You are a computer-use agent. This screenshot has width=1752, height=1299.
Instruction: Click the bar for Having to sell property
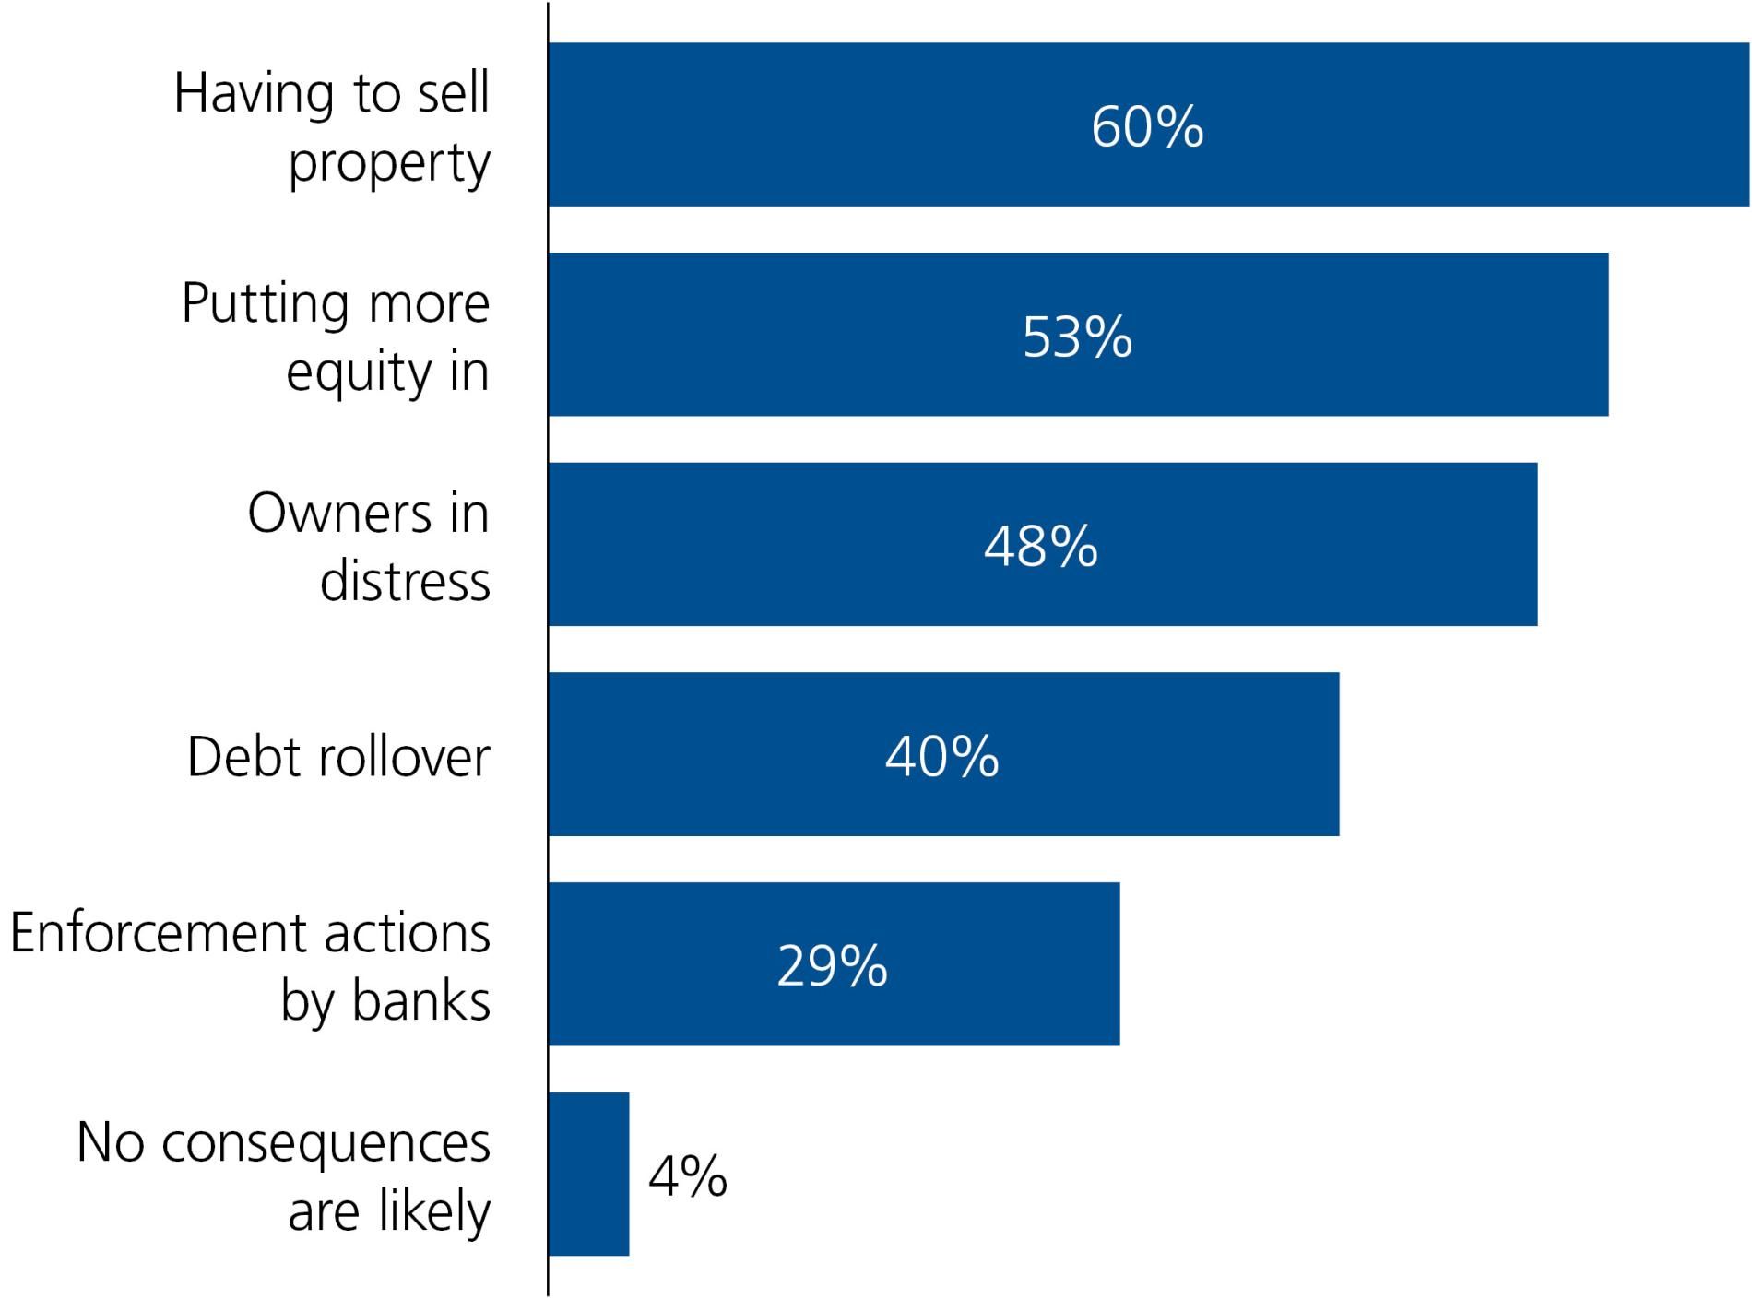[1149, 124]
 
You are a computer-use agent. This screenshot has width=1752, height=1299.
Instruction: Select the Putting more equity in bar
[1079, 335]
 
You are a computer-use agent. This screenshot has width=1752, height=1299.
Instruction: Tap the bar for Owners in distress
[1043, 544]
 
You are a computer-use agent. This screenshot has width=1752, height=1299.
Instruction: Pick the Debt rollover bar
[944, 754]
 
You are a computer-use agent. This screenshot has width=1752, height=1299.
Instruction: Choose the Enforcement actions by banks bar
[835, 964]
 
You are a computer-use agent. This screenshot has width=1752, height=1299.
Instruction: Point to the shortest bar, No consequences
[589, 1174]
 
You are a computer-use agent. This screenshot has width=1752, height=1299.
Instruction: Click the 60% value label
[1148, 126]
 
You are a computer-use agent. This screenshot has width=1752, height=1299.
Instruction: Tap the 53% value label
[1078, 337]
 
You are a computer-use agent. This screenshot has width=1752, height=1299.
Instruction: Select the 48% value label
[1041, 546]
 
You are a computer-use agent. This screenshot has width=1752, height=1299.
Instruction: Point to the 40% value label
[942, 756]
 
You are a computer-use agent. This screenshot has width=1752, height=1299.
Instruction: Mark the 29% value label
[833, 966]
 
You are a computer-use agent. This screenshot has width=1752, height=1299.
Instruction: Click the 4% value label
[688, 1176]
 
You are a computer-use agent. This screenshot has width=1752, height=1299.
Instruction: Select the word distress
[406, 581]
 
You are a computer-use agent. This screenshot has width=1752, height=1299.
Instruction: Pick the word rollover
[404, 757]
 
